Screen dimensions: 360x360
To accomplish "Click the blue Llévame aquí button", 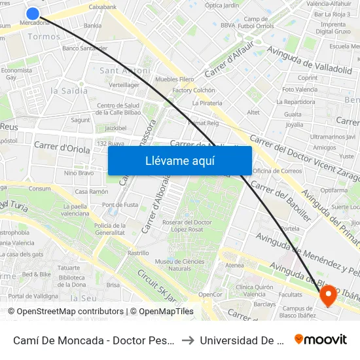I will pyautogui.click(x=179, y=160).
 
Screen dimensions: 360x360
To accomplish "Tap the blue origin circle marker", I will pyautogui.click(x=33, y=13).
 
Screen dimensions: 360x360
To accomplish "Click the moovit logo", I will pyautogui.click(x=321, y=340).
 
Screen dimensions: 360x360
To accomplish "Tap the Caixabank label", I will pyautogui.click(x=102, y=7).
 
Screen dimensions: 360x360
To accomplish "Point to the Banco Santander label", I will pyautogui.click(x=84, y=48).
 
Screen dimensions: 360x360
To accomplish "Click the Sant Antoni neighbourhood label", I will pyautogui.click(x=124, y=71).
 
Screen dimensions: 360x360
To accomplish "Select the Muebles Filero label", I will pyautogui.click(x=175, y=79).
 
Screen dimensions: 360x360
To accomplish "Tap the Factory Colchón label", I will pyautogui.click(x=194, y=90).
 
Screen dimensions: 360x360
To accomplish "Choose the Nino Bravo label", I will pyautogui.click(x=79, y=173).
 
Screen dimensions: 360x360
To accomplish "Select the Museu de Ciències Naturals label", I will pyautogui.click(x=171, y=265).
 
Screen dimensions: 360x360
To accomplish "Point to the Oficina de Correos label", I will pyautogui.click(x=277, y=171).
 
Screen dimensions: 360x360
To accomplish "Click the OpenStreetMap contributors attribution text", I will pyautogui.click(x=65, y=312).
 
